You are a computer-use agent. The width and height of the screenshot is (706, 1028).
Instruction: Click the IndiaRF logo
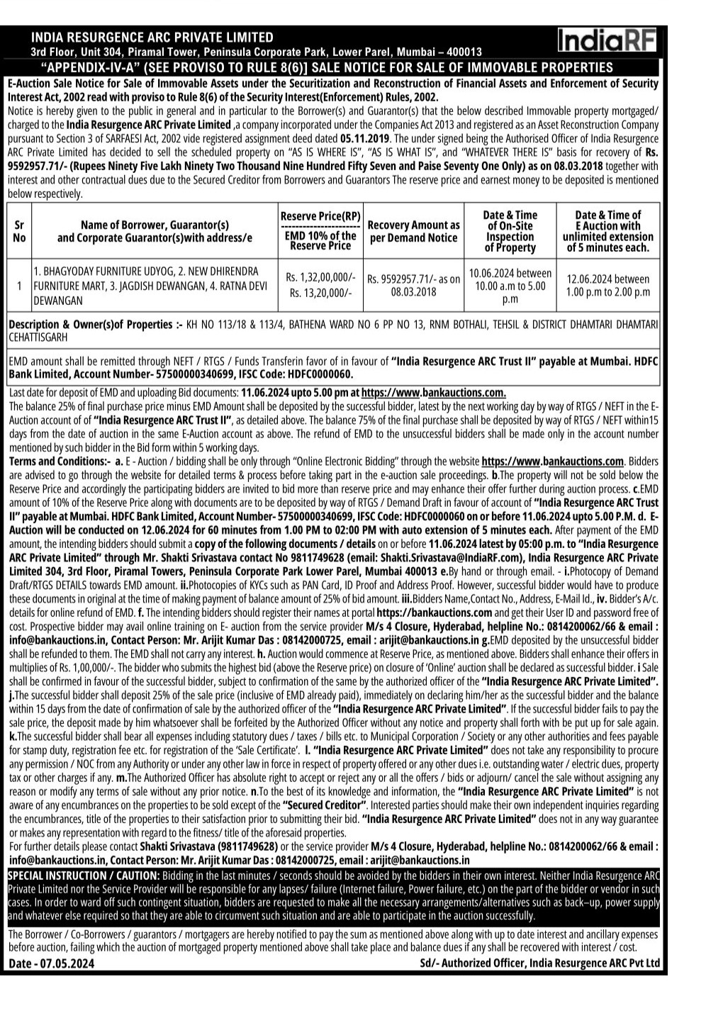point(606,40)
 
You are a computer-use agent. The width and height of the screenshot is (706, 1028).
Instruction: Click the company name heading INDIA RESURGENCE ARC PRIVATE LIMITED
point(152,37)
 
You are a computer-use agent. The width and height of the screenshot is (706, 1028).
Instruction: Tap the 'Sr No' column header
point(19,231)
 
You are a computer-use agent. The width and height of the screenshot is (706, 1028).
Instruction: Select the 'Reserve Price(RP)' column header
point(320,216)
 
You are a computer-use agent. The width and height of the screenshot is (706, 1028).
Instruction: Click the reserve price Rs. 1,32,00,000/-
point(320,277)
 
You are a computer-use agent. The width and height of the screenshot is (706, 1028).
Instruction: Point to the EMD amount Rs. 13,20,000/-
point(320,292)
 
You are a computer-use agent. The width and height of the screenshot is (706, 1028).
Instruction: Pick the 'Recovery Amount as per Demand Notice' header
point(414,231)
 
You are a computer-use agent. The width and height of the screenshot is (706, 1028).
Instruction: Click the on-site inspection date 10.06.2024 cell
point(510,286)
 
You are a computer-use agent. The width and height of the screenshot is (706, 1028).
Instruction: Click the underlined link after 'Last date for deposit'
point(433,393)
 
